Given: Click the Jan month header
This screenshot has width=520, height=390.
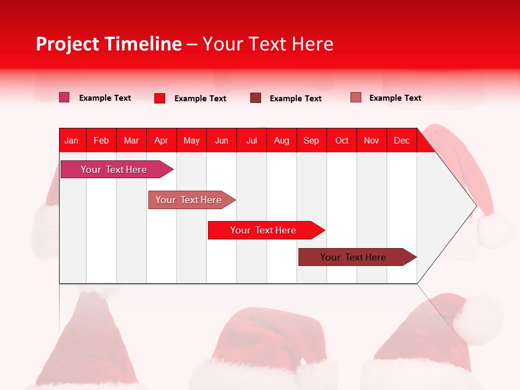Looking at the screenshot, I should click(x=72, y=140).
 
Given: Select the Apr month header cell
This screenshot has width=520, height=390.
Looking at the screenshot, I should click(x=161, y=140).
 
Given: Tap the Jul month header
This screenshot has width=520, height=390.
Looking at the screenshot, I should click(x=251, y=140).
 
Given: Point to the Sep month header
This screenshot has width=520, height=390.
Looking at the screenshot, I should click(x=311, y=140).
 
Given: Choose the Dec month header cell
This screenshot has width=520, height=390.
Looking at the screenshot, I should click(x=401, y=140).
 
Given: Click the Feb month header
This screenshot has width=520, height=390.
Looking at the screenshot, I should click(x=101, y=140).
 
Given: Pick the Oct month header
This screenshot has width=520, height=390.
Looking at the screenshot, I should click(x=342, y=140).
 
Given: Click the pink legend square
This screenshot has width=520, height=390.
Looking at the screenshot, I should click(x=64, y=97).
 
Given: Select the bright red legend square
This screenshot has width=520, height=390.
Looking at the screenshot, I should click(x=160, y=98).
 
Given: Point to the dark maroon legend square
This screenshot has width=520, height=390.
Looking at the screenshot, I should click(x=256, y=98).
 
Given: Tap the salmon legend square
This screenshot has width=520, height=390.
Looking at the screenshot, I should click(x=356, y=97).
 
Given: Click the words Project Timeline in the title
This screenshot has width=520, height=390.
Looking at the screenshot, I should click(x=109, y=44).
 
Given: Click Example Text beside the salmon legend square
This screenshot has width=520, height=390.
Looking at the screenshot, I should click(x=395, y=98).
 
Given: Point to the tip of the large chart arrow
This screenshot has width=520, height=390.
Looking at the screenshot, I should click(x=475, y=206).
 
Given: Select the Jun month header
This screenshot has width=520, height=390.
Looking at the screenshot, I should click(x=222, y=140).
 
